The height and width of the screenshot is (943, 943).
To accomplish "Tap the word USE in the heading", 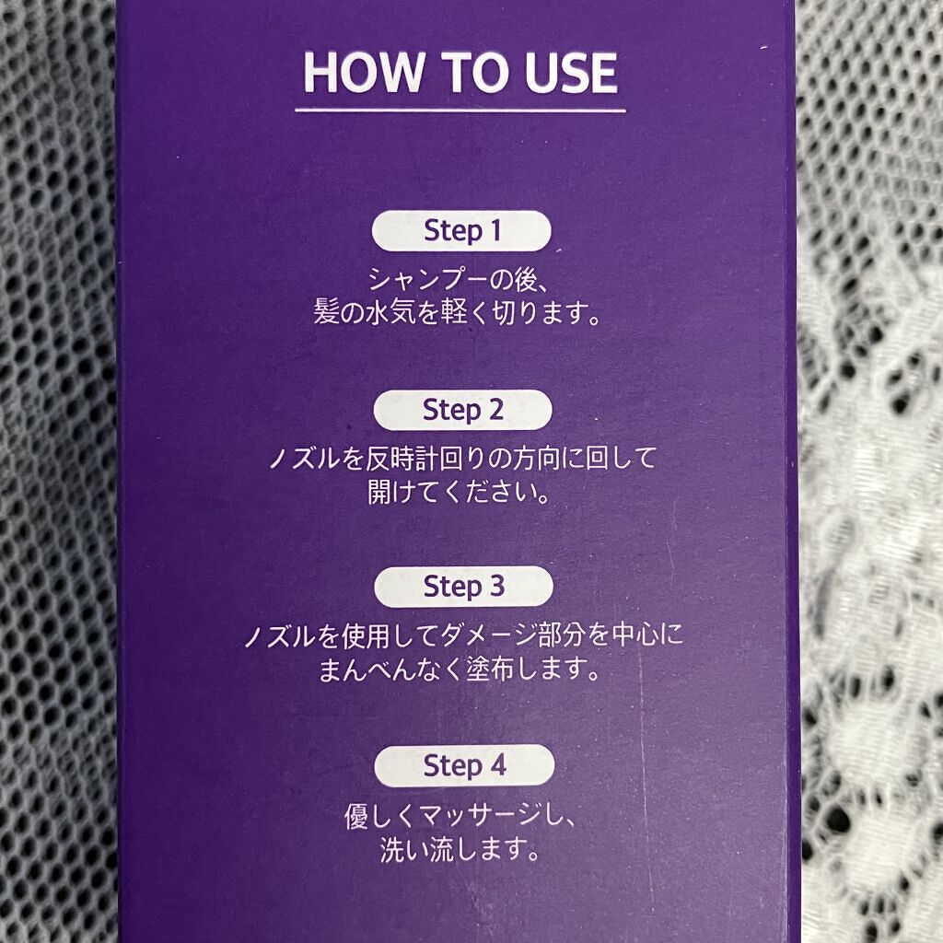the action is coord(570,72).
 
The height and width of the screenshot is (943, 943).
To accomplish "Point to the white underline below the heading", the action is coord(460,111).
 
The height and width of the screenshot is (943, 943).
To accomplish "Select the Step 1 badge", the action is coord(461,230).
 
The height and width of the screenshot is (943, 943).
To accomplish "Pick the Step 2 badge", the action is coord(462,410).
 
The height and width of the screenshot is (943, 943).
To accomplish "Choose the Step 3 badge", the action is coord(463,587).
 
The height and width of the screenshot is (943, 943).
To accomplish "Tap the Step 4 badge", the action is coord(464,765).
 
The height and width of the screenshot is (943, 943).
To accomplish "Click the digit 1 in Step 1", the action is coord(495,229).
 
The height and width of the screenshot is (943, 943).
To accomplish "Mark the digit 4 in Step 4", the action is coord(497,765).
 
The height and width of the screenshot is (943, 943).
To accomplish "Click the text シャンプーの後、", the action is coord(459,280).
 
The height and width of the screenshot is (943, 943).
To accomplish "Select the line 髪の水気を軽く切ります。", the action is coord(457,313).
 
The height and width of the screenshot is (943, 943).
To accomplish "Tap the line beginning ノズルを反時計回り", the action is coord(462,459).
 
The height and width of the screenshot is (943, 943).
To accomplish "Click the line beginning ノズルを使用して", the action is coord(464,635).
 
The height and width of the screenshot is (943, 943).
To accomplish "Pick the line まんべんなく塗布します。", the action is coord(460,669).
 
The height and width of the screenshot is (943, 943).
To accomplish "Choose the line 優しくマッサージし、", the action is coord(460,816).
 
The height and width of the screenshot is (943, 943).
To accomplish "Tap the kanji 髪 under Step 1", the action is coord(327,313).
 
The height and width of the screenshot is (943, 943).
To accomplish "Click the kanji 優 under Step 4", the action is coord(358,816).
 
